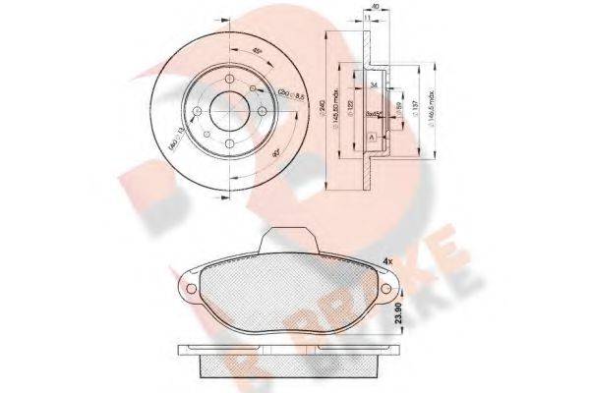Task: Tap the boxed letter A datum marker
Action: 371,138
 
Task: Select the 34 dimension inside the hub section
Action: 375,85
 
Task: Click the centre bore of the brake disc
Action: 227,109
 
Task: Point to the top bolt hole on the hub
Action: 226,82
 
